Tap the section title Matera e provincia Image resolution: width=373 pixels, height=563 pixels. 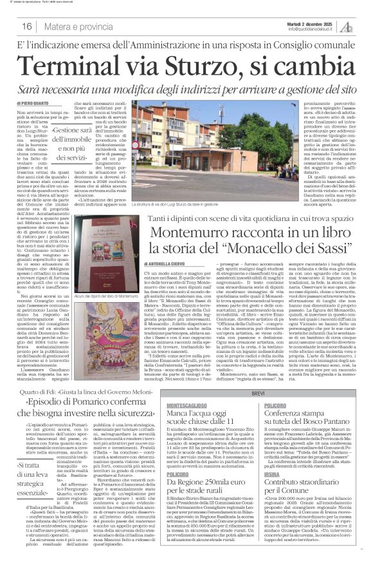point(76,27)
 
